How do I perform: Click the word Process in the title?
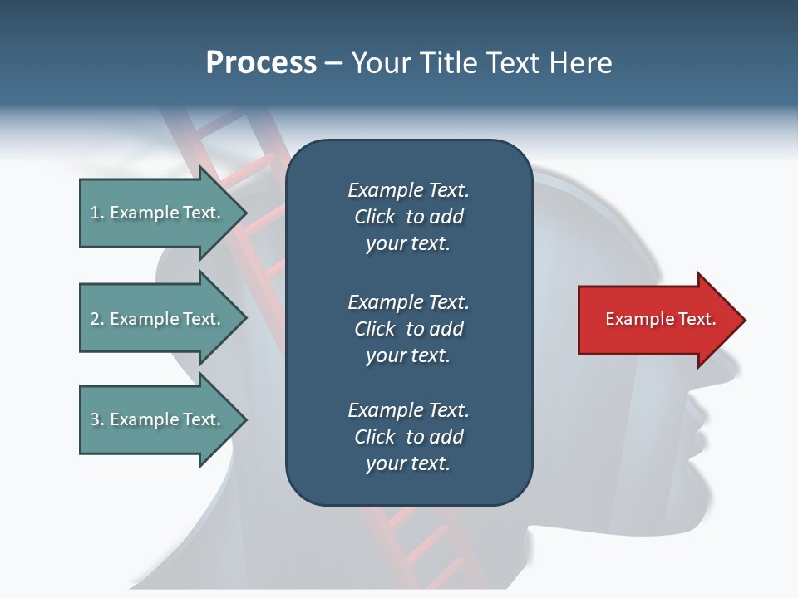pyautogui.click(x=261, y=63)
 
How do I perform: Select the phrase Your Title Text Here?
pyautogui.click(x=481, y=63)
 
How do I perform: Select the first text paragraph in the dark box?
pyautogui.click(x=408, y=217)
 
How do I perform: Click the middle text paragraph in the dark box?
pyautogui.click(x=408, y=329)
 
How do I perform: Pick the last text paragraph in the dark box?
pyautogui.click(x=408, y=437)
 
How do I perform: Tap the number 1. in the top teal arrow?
pyautogui.click(x=97, y=213)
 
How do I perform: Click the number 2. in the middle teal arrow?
pyautogui.click(x=97, y=319)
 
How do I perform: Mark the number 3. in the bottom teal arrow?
pyautogui.click(x=97, y=419)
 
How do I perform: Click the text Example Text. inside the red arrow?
pyautogui.click(x=660, y=319)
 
